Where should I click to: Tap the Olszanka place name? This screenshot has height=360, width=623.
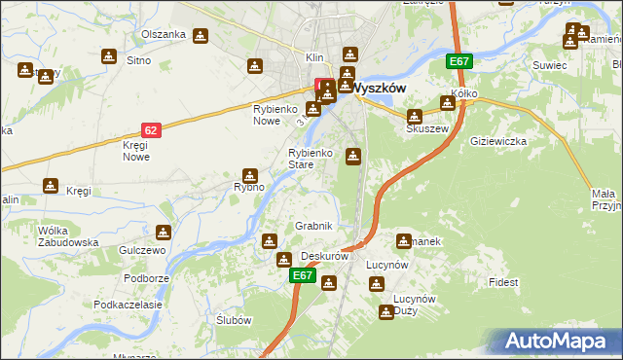pyautogui.click(x=163, y=34)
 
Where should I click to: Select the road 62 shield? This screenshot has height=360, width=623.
pyautogui.click(x=150, y=127)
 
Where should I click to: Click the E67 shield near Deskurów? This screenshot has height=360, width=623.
pyautogui.click(x=303, y=276)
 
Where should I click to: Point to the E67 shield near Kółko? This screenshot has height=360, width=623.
pyautogui.click(x=460, y=62)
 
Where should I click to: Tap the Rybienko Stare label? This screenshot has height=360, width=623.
pyautogui.click(x=312, y=159)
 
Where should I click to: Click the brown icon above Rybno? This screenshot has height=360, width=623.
pyautogui.click(x=250, y=175)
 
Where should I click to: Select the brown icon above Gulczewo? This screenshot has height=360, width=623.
pyautogui.click(x=164, y=233)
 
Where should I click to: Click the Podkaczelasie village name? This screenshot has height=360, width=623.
pyautogui.click(x=128, y=305)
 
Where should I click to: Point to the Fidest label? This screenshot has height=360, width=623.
pyautogui.click(x=504, y=282)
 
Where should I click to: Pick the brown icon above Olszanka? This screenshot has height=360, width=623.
pyautogui.click(x=201, y=36)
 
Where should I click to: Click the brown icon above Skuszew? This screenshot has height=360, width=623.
pyautogui.click(x=414, y=116)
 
